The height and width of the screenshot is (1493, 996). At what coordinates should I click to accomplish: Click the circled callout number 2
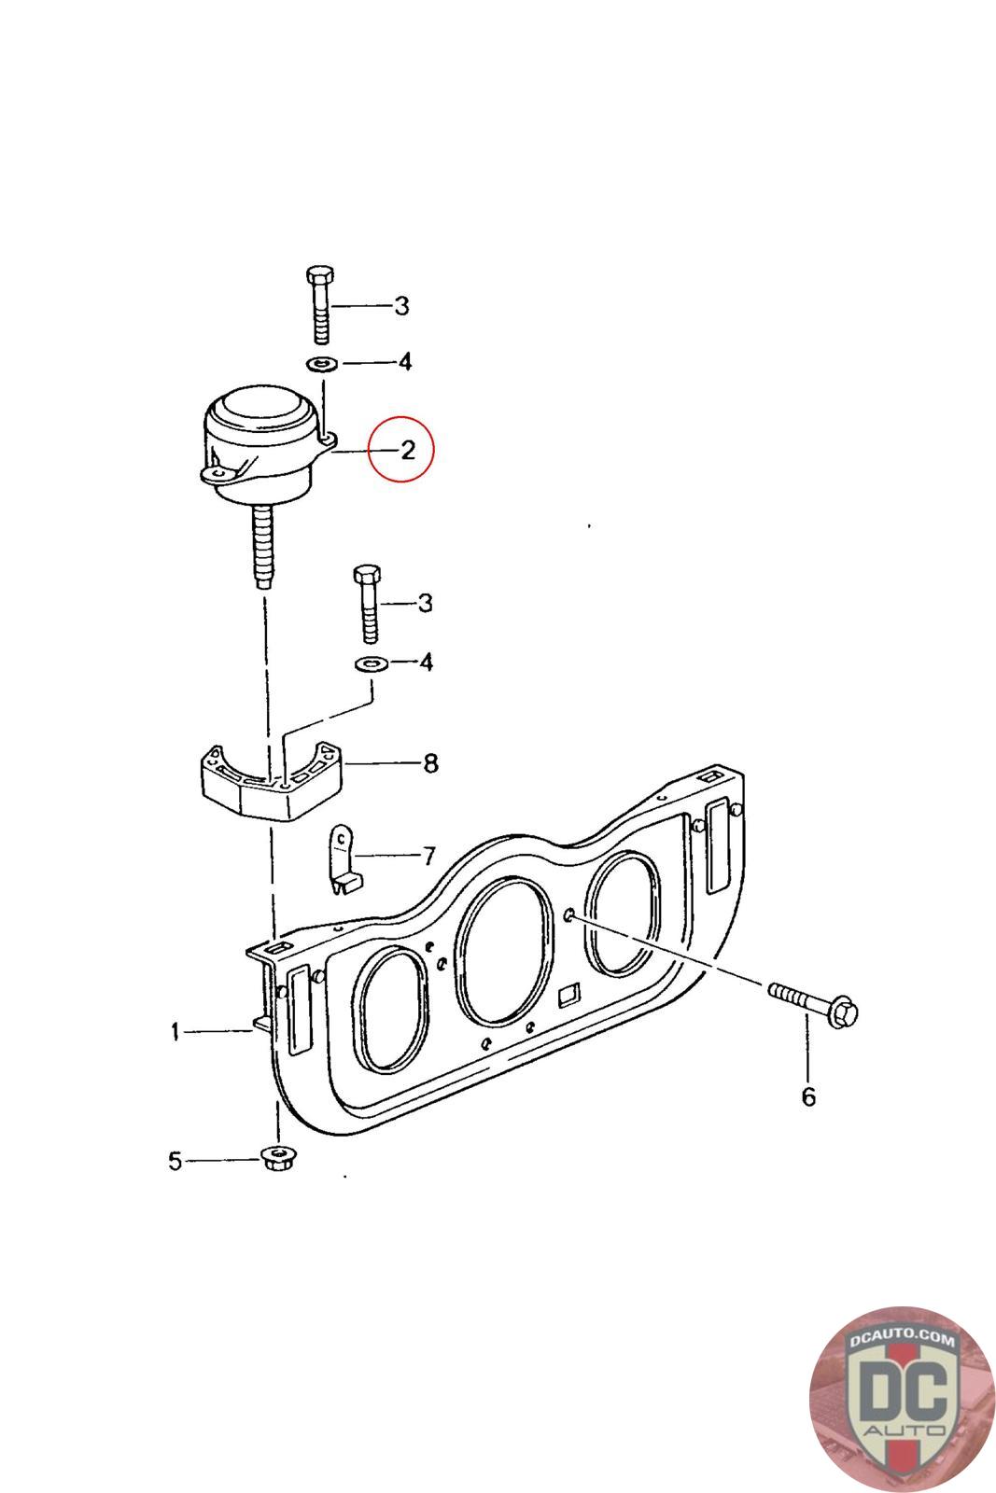408,451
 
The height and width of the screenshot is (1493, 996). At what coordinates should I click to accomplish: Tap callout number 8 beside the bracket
430,762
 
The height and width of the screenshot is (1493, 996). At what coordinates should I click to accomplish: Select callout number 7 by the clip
429,855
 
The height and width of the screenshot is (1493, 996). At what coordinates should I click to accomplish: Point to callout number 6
808,1096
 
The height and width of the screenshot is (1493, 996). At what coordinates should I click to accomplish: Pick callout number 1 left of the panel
175,1032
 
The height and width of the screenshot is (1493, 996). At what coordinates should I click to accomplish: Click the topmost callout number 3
401,306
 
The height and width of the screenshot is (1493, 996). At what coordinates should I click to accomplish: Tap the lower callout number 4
426,662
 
